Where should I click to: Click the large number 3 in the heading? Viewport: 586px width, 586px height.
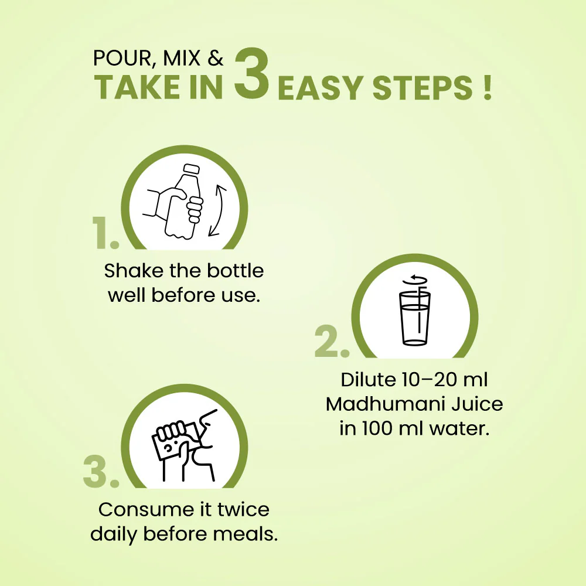point(251,74)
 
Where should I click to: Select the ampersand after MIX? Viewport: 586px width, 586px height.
point(216,58)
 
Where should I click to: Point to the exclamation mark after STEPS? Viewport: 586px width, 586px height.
point(487,88)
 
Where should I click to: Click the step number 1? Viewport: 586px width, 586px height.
point(105,233)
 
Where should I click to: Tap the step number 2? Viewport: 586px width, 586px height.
point(332,341)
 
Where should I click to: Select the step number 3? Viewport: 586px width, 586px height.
point(101,471)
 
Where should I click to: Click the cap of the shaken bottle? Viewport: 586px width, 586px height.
point(191,169)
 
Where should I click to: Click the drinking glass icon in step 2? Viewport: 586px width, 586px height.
point(415,318)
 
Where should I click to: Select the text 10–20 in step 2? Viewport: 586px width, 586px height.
point(430,380)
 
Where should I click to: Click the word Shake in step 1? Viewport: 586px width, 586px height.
point(134,271)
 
